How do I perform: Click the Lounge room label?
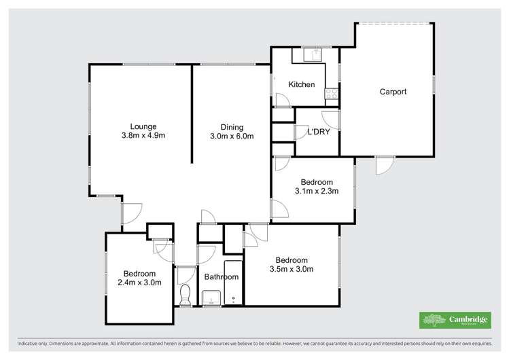tap(143, 126)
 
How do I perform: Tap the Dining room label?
tap(232, 126)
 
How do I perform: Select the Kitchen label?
tap(302, 85)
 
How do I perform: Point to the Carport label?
tap(393, 92)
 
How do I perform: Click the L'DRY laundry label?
tap(319, 132)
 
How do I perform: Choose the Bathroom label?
tap(222, 277)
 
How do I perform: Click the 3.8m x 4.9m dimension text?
tap(143, 136)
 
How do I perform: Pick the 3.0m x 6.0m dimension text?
tap(232, 137)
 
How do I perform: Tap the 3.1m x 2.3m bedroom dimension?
tap(317, 192)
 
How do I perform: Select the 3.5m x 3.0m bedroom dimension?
tap(292, 270)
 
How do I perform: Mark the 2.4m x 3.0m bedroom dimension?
tap(139, 283)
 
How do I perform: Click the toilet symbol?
tap(184, 294)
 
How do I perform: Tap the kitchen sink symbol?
tap(314, 53)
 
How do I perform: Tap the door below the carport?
tap(385, 164)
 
